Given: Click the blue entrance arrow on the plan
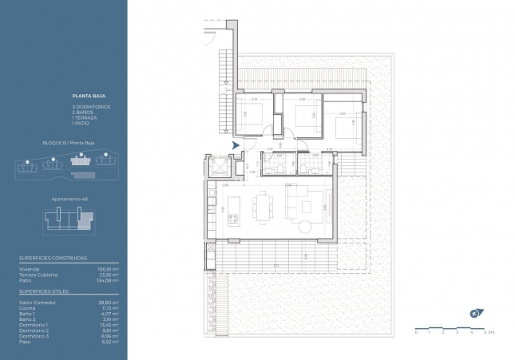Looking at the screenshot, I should coord(235,145).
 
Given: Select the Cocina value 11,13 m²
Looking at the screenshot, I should coord(109,308).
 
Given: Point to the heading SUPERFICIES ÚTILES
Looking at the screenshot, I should coord(39,291).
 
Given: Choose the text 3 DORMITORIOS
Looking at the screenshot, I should coord(90,106).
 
